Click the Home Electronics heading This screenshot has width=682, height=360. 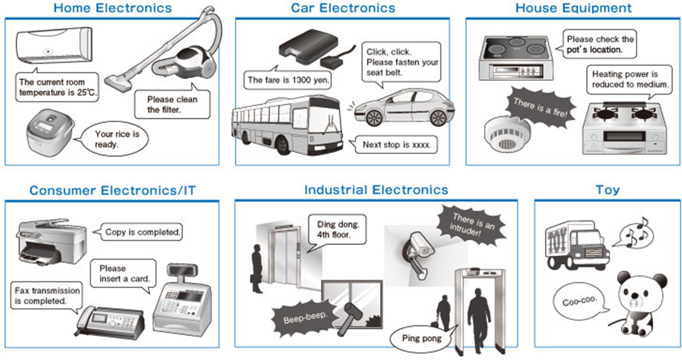[x=112, y=8]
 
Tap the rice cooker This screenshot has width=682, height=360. [x=49, y=134]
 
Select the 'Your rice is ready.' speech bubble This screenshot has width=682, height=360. [x=115, y=139]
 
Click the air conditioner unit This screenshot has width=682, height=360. [x=54, y=45]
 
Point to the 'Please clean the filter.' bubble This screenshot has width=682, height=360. [x=172, y=104]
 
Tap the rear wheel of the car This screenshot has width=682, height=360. [x=438, y=117]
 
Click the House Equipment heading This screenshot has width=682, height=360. [x=573, y=8]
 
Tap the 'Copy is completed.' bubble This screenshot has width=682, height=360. [x=140, y=232]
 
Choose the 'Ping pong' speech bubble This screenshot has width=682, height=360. [x=421, y=339]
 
